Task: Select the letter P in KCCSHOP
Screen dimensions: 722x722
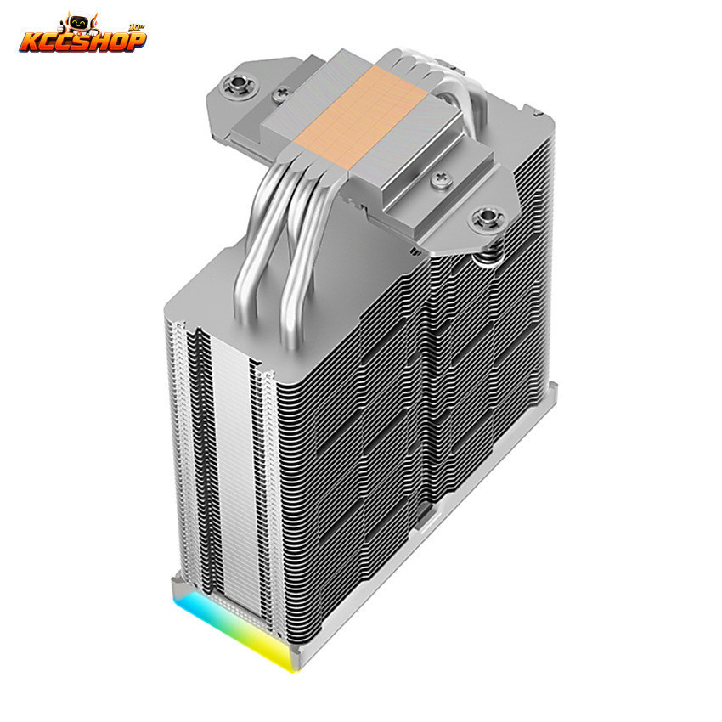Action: (x=135, y=41)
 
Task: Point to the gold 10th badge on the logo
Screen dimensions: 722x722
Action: (x=138, y=26)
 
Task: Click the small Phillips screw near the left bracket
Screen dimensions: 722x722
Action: (x=280, y=95)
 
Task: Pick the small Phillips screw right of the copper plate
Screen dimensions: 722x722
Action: (x=441, y=178)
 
